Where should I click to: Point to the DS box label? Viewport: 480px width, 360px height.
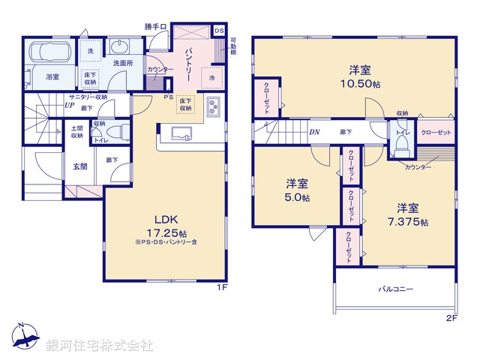[x=218, y=31]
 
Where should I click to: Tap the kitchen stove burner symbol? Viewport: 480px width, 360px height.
[x=211, y=105]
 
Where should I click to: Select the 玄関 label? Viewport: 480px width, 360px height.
[x=80, y=166]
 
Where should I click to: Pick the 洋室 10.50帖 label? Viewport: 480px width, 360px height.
[x=363, y=76]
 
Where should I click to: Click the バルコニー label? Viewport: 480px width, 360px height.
[x=393, y=289]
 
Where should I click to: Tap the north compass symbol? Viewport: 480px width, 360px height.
[x=24, y=335]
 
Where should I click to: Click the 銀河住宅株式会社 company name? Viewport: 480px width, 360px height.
[x=100, y=346]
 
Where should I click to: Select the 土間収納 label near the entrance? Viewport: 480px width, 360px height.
[x=77, y=132]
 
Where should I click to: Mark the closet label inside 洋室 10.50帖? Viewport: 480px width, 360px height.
[x=267, y=97]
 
